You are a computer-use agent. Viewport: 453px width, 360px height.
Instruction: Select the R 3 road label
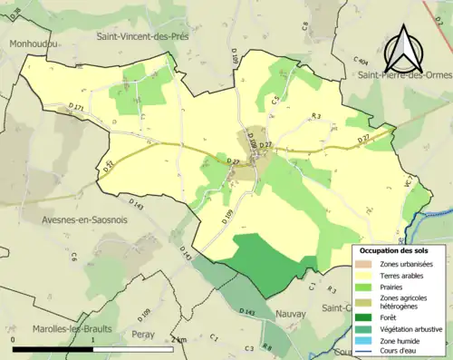click(316, 116)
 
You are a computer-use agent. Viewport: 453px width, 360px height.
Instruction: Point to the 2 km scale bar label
click(178, 338)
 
